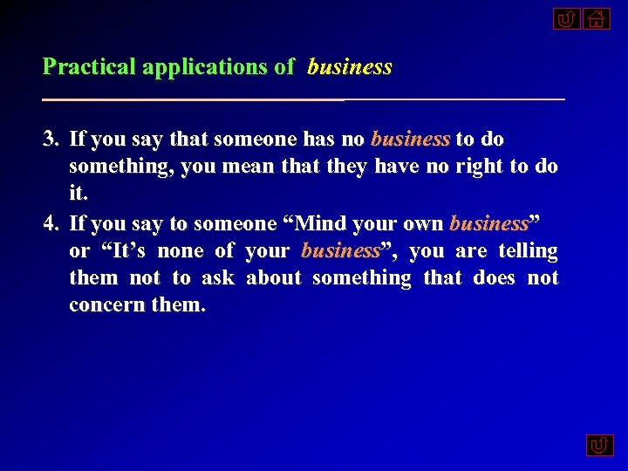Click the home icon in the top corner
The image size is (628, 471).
tap(596, 18)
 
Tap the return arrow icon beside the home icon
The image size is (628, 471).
tap(566, 18)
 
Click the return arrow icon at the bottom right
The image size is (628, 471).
tap(599, 446)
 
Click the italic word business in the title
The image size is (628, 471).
tap(350, 67)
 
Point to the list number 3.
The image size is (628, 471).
tap(51, 140)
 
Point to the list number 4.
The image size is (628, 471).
tap(51, 224)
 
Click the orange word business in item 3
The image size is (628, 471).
tap(410, 140)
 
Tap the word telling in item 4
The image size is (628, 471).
tap(528, 251)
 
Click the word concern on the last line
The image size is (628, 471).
tap(104, 305)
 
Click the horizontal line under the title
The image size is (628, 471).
tap(304, 100)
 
